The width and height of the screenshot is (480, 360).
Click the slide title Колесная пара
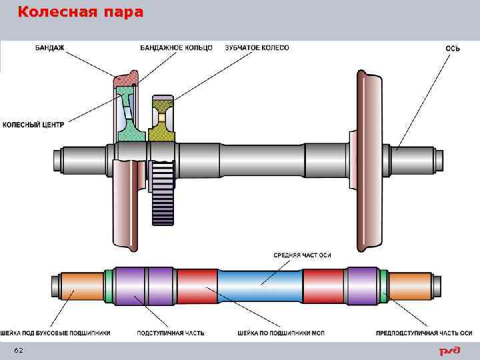(80, 13)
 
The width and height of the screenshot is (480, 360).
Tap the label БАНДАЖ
(49, 47)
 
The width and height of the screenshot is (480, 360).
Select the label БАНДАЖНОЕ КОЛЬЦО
(176, 47)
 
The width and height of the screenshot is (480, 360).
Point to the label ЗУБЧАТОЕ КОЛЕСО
(257, 47)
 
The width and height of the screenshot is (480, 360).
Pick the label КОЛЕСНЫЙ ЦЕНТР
(33, 125)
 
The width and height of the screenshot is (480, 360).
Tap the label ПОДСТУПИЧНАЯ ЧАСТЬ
(171, 332)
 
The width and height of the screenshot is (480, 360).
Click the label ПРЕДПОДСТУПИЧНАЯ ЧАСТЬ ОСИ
(424, 332)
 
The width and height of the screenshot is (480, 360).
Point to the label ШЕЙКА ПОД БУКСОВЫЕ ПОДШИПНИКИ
(55, 332)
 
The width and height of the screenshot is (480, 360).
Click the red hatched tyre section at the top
(125, 80)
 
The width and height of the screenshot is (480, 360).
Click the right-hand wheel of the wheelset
(369, 160)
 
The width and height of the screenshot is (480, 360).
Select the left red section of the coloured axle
(197, 286)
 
